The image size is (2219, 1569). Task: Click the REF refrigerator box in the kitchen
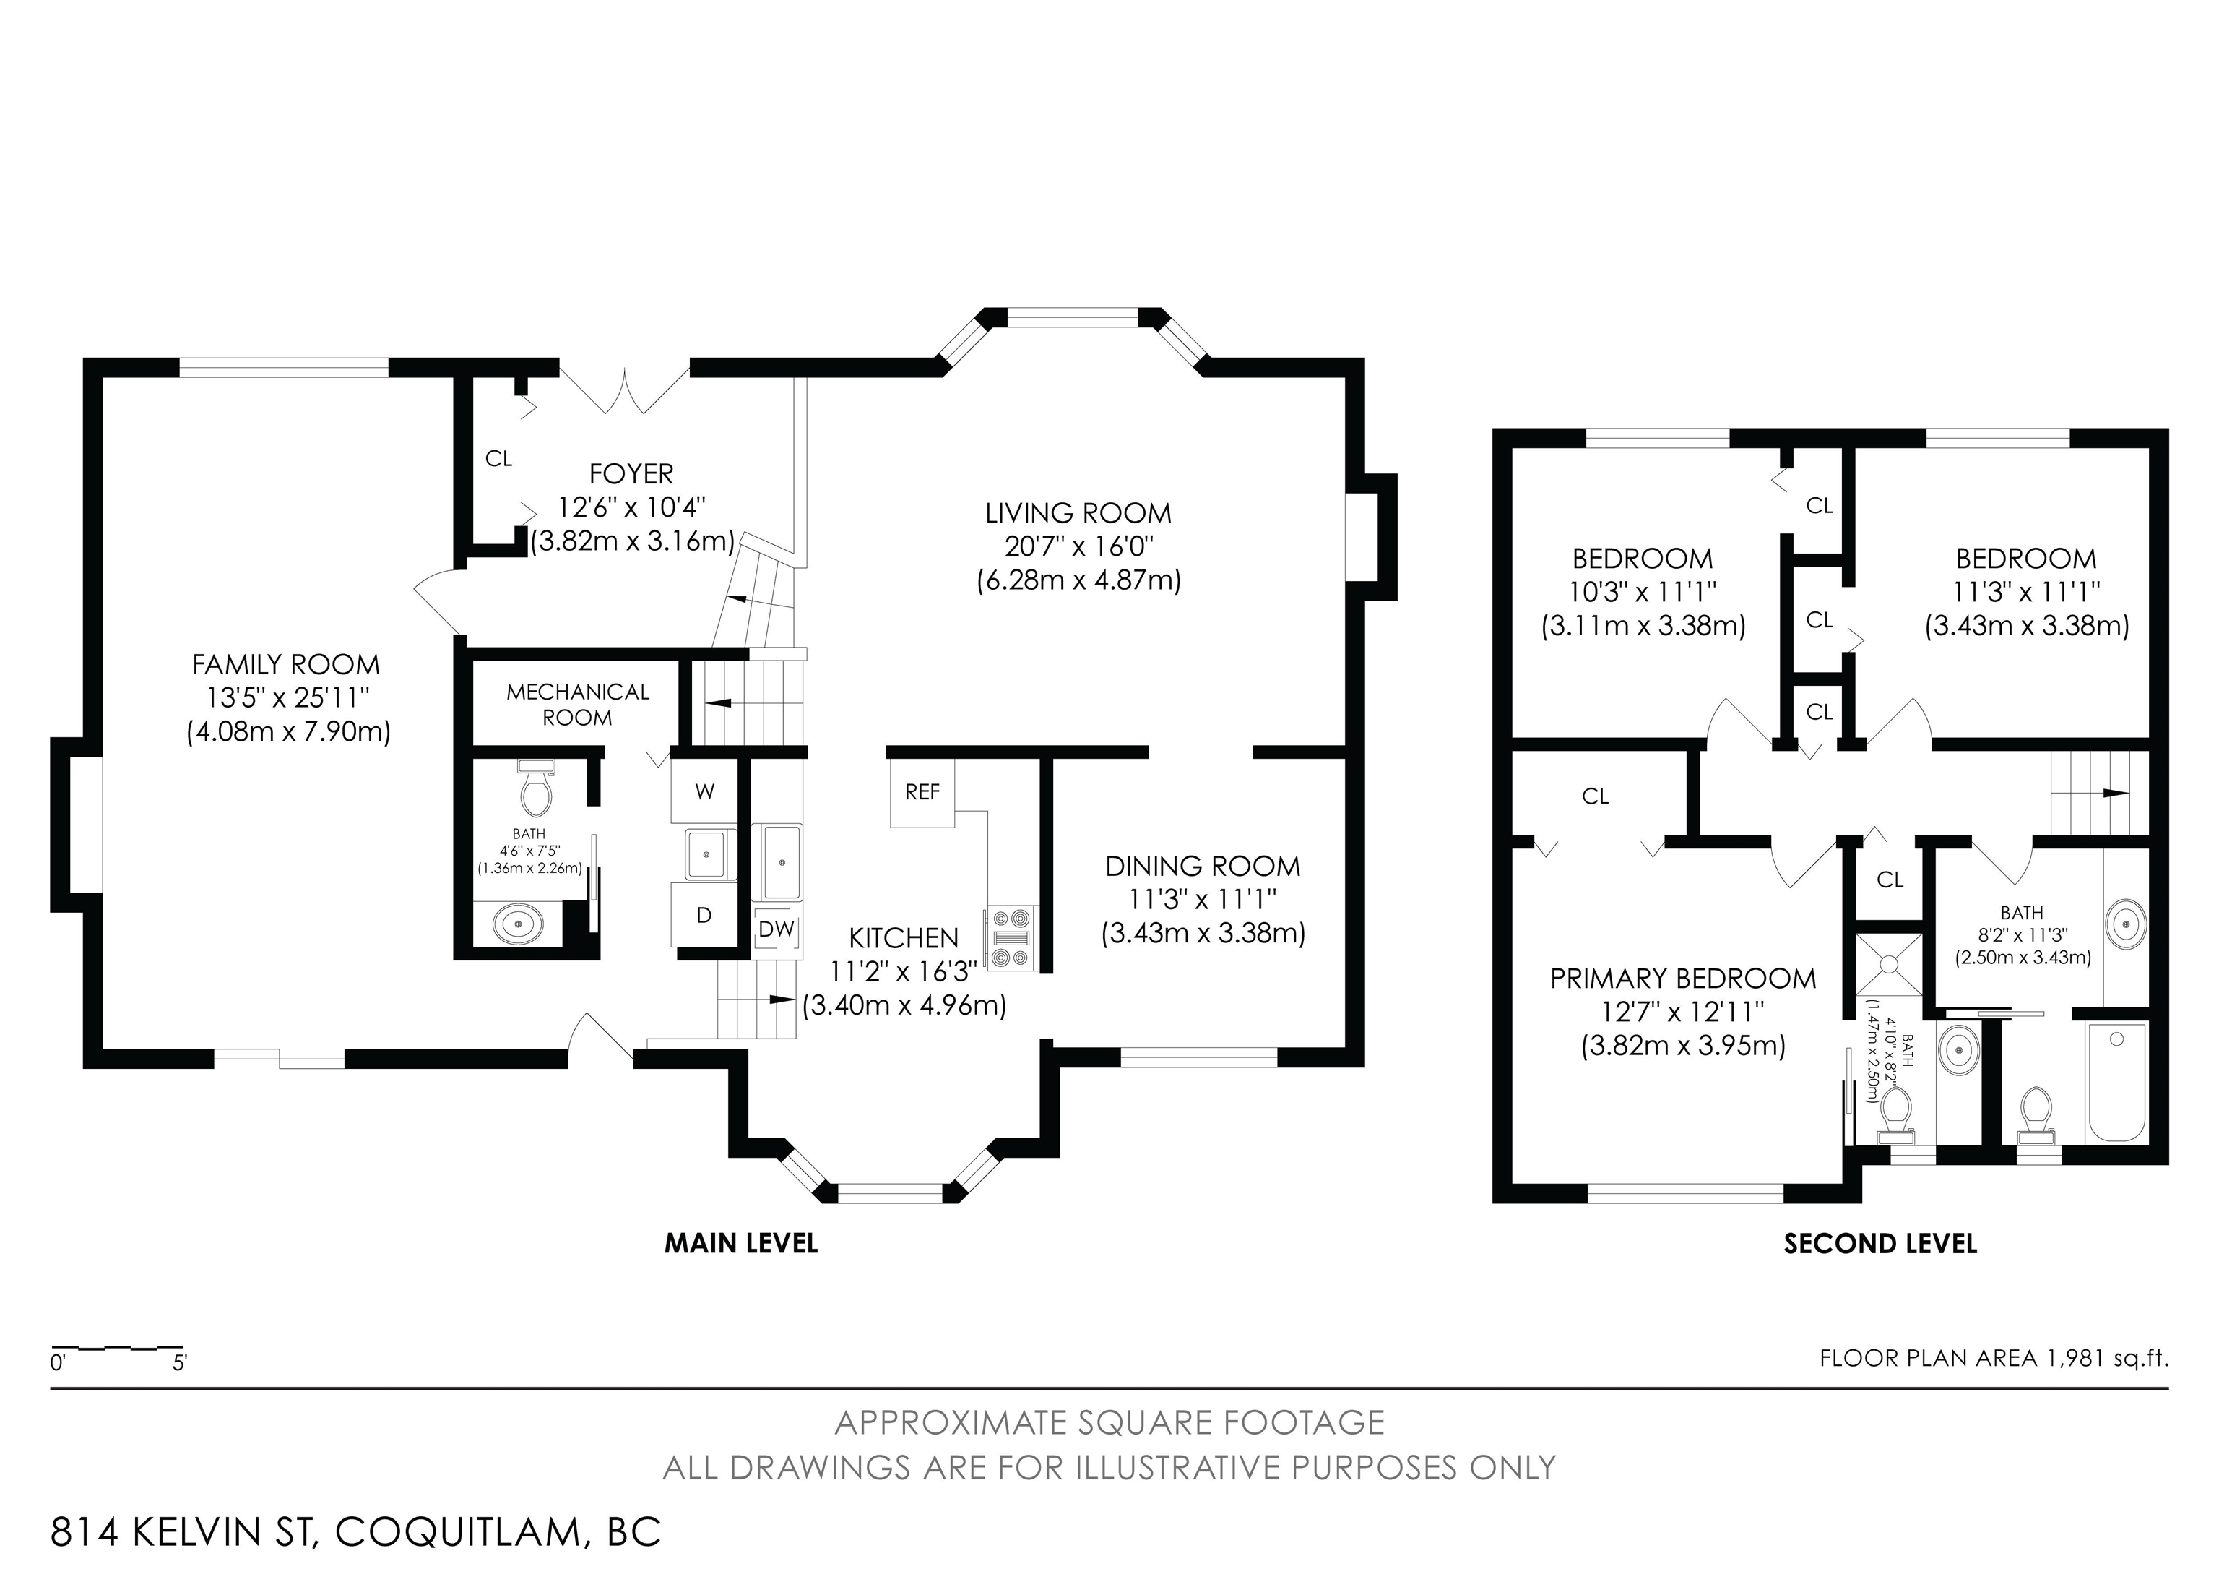[922, 792]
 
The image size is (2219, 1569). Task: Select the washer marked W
[704, 792]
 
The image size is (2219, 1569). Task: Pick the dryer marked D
[704, 914]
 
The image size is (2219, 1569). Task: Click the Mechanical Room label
[578, 705]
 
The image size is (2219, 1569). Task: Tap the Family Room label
[286, 664]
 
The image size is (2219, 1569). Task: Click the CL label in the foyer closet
[498, 458]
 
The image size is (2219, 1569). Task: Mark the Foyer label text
[631, 473]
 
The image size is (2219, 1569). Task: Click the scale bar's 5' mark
[180, 1363]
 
